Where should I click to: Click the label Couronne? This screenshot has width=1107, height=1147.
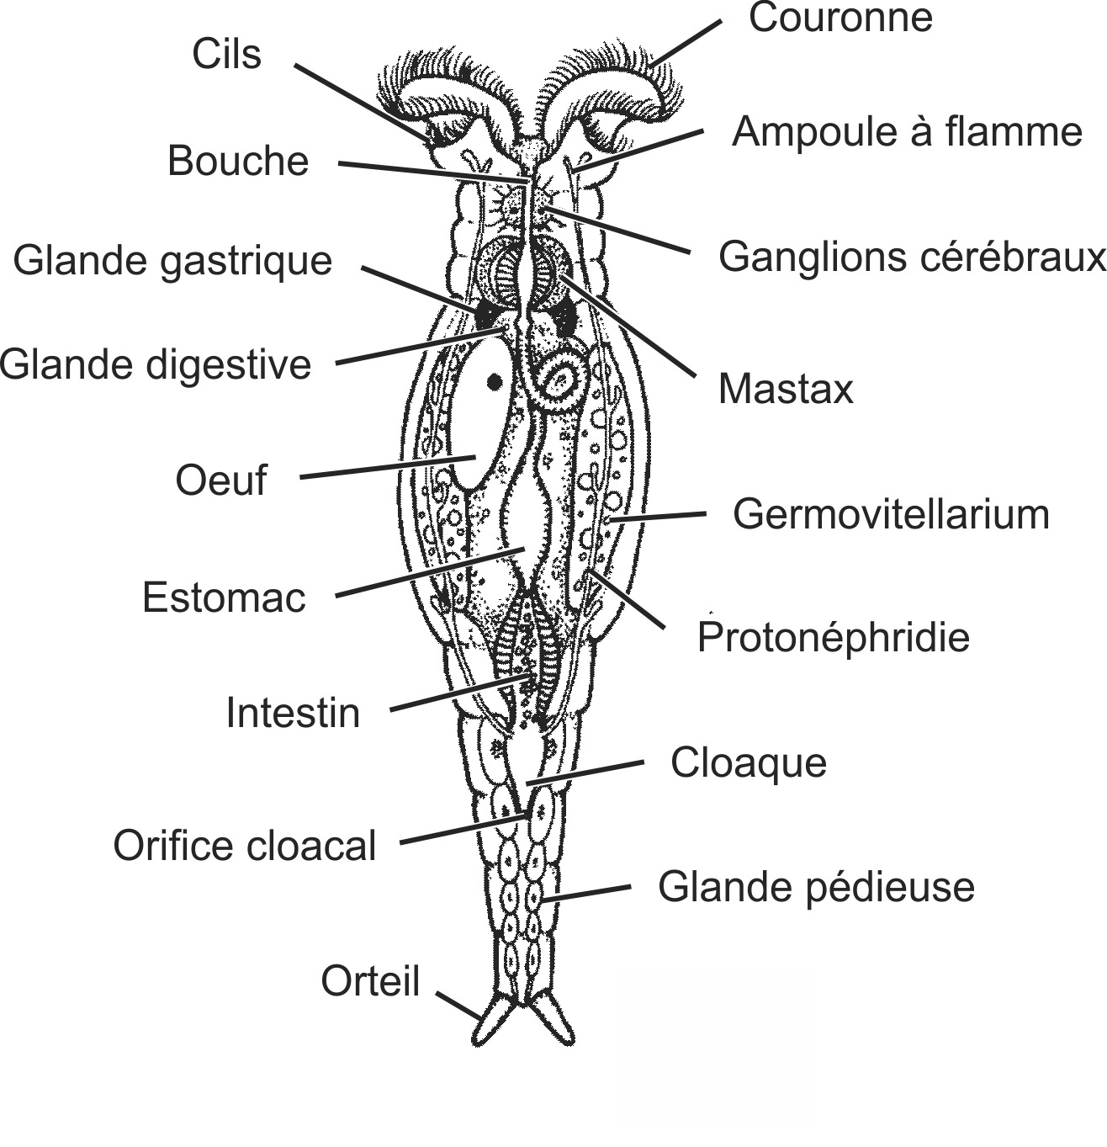pos(840,19)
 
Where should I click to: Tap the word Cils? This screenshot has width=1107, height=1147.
pos(226,55)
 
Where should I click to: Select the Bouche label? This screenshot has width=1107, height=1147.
pos(238,161)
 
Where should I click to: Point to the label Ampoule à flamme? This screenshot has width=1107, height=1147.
pos(906,132)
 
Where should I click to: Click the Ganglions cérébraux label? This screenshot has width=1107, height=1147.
pos(911,257)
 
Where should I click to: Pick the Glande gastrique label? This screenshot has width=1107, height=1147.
pos(172,261)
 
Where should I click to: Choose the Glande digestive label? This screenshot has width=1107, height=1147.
pos(156,365)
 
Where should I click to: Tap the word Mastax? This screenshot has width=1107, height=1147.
pos(786,390)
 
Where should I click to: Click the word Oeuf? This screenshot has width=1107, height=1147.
pos(220,481)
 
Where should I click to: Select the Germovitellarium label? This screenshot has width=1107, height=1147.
pos(891,514)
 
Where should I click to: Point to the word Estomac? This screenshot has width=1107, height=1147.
pos(224,598)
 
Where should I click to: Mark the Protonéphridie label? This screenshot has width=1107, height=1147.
pos(833,638)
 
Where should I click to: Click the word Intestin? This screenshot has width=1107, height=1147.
pos(293,714)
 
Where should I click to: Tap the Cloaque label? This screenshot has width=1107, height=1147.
pos(748,763)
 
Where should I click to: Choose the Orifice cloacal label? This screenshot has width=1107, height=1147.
pos(245,846)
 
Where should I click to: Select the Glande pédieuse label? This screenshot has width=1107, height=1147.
pos(816,887)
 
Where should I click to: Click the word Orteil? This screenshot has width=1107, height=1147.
pos(370,981)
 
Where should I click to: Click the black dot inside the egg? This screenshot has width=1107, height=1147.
pos(495,382)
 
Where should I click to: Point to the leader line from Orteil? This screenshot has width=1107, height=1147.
pos(459,1006)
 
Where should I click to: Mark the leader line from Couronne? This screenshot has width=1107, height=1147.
pos(686,43)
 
